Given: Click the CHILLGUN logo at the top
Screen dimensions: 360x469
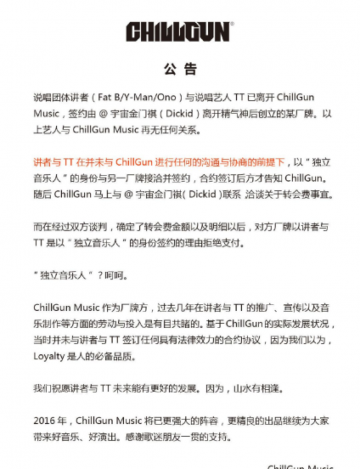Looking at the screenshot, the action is point(179,31).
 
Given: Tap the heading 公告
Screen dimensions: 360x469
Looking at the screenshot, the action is point(179,68).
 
